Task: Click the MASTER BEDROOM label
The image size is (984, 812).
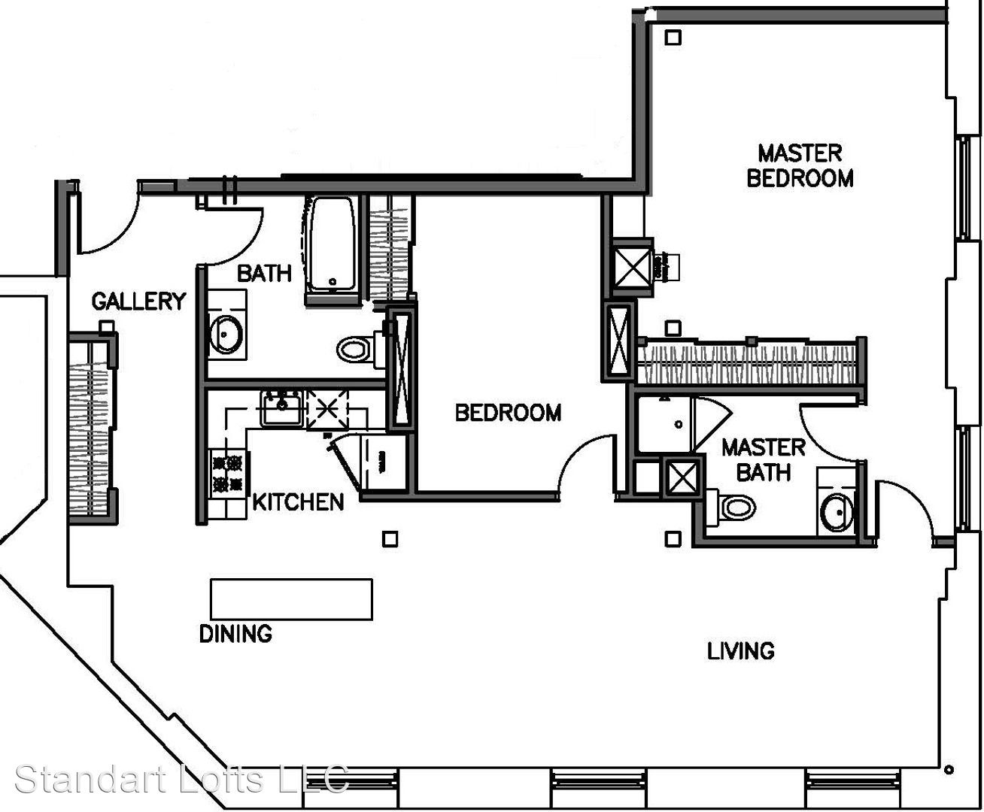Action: pyautogui.click(x=800, y=166)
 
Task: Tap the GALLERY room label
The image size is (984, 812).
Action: pyautogui.click(x=139, y=301)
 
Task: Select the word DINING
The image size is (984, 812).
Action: pyautogui.click(x=235, y=634)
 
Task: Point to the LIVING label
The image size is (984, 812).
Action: pyautogui.click(x=741, y=651)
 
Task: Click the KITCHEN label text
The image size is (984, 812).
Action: pyautogui.click(x=299, y=502)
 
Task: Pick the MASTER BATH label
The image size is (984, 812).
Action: pyautogui.click(x=764, y=460)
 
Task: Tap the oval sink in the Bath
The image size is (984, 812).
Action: pyautogui.click(x=225, y=335)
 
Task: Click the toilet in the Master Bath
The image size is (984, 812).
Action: pyautogui.click(x=730, y=507)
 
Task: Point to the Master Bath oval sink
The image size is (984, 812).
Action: pyautogui.click(x=837, y=513)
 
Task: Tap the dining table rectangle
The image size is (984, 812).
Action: pyautogui.click(x=291, y=599)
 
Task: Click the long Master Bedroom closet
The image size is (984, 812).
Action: pyautogui.click(x=749, y=364)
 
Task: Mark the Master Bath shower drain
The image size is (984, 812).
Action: pyautogui.click(x=678, y=424)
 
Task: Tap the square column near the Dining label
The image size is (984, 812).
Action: pyautogui.click(x=390, y=539)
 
